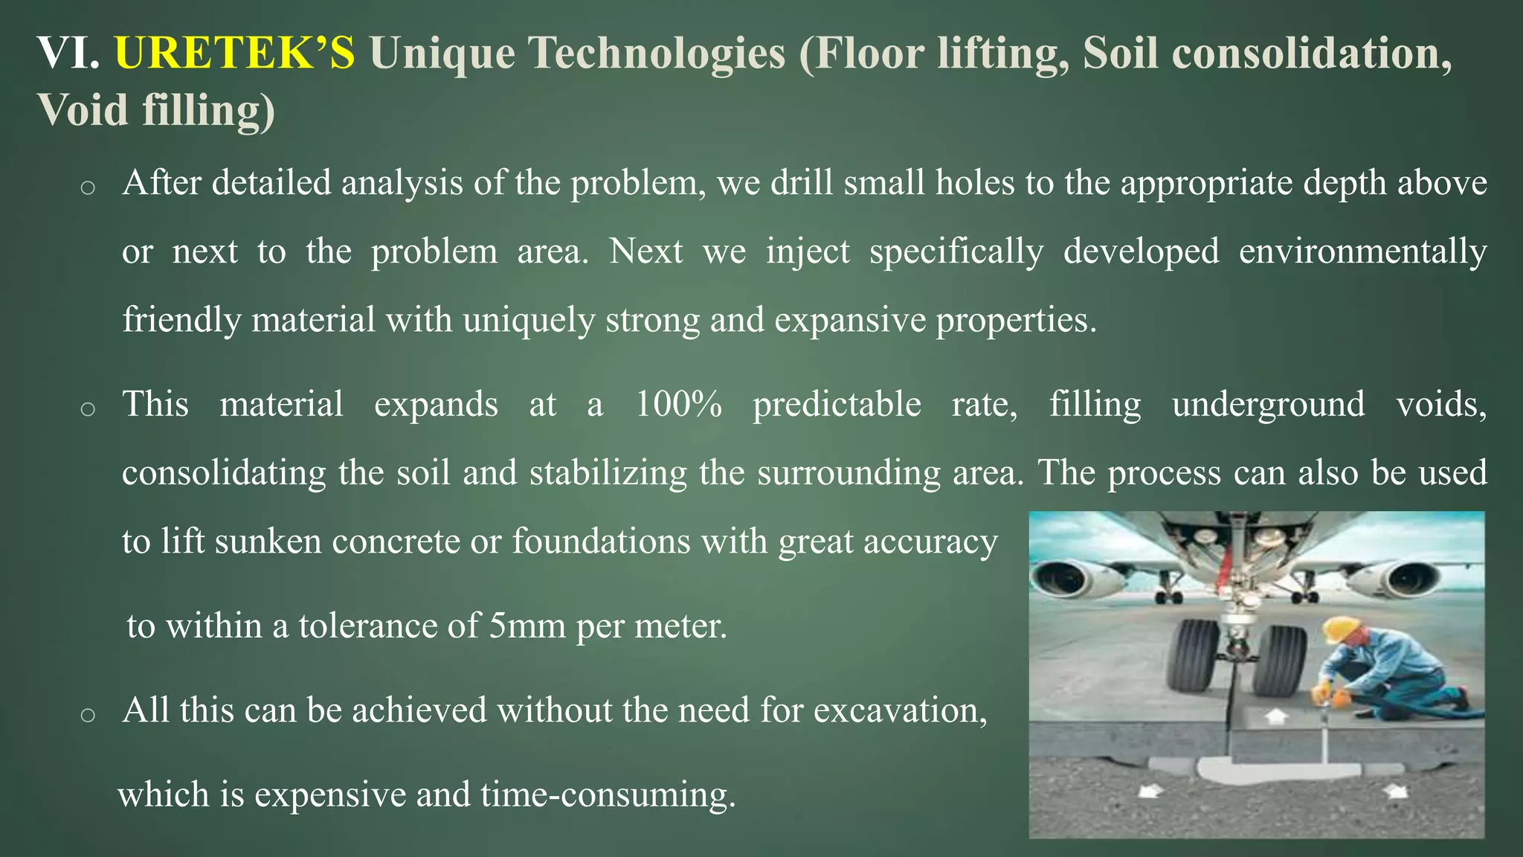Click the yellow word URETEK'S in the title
click(235, 54)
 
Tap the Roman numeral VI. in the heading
click(68, 54)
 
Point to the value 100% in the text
click(678, 404)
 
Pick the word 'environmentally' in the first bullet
click(1362, 251)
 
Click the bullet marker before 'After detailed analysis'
click(88, 187)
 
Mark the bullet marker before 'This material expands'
click(88, 408)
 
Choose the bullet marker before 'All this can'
click(88, 715)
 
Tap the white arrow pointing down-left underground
click(1150, 792)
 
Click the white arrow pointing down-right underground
click(1397, 792)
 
